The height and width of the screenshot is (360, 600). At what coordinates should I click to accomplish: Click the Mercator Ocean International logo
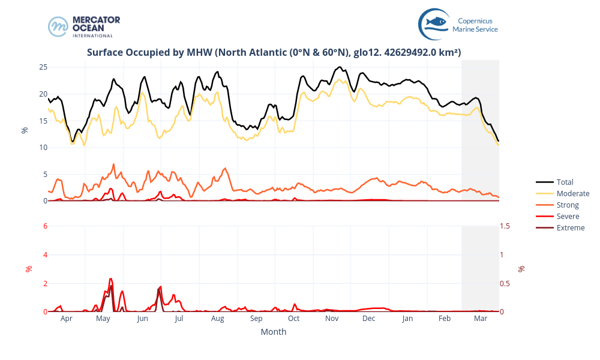(x=84, y=26)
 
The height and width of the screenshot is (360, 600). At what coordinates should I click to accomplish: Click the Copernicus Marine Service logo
(x=458, y=24)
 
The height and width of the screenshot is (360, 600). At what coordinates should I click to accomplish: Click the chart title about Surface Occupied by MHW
(x=274, y=52)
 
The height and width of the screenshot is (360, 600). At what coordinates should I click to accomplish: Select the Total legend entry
(x=565, y=182)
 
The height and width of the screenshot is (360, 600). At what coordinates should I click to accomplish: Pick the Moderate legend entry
(x=572, y=193)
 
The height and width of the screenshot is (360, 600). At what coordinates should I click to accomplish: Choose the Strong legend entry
(x=568, y=205)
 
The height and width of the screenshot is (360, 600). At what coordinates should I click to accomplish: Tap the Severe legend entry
(x=568, y=216)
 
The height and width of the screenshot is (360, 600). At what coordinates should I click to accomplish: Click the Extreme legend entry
(x=570, y=227)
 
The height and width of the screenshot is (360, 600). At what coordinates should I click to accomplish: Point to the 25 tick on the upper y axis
(x=43, y=67)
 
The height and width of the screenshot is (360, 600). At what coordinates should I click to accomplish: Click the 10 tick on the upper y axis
(x=43, y=148)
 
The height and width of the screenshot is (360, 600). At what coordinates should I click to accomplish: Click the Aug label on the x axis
(x=218, y=319)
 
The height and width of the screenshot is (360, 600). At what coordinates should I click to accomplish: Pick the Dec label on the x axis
(x=369, y=319)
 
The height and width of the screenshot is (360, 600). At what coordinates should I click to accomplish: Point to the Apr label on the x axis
(x=67, y=319)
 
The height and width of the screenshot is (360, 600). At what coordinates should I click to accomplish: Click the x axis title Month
(x=274, y=332)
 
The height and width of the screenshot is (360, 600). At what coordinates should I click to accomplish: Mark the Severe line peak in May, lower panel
(x=110, y=279)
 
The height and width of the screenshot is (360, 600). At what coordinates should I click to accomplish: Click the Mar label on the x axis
(x=481, y=319)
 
